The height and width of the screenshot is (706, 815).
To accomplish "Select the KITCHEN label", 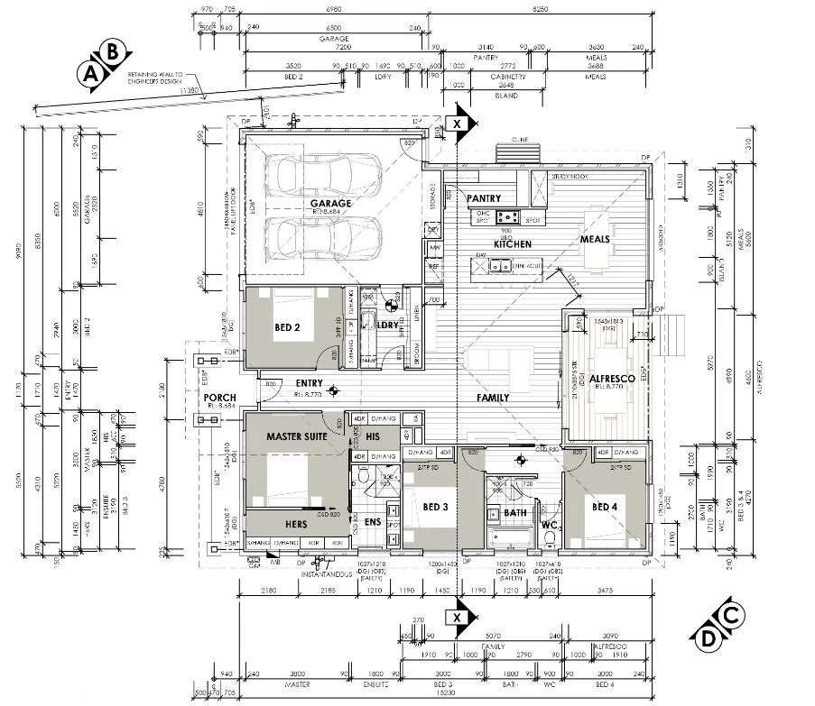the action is (x=512, y=244).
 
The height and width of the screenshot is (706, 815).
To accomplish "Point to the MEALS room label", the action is (x=595, y=240).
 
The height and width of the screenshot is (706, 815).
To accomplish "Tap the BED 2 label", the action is (x=287, y=327).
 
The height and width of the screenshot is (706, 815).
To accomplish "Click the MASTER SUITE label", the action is (x=296, y=436).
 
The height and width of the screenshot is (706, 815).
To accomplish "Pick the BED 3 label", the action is (x=435, y=507).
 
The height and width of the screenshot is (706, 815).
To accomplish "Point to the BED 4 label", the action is (x=605, y=507).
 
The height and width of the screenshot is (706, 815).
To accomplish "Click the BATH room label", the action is (x=515, y=513).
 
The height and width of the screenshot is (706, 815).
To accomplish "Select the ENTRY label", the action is (x=308, y=383).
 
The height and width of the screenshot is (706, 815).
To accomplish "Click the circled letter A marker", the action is (x=91, y=76).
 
